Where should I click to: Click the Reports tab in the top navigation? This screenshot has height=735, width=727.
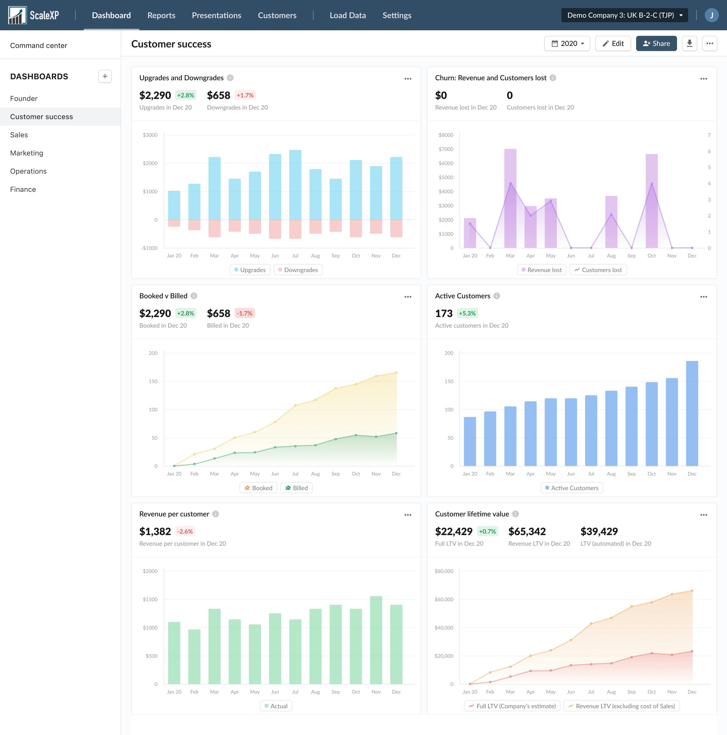pyautogui.click(x=161, y=15)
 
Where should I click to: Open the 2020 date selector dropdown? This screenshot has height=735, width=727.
pyautogui.click(x=567, y=43)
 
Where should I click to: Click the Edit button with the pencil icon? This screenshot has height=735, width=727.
pyautogui.click(x=613, y=43)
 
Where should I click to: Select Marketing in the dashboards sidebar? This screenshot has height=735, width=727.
pyautogui.click(x=27, y=153)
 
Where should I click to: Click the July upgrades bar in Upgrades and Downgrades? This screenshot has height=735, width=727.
pyautogui.click(x=295, y=185)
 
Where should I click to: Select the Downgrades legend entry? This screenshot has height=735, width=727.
pyautogui.click(x=298, y=270)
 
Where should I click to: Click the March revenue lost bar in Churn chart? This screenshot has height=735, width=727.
pyautogui.click(x=510, y=198)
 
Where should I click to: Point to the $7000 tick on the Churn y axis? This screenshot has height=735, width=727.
pyautogui.click(x=446, y=149)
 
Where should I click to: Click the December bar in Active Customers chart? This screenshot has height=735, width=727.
pyautogui.click(x=692, y=413)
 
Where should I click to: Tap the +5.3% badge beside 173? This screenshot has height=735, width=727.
pyautogui.click(x=467, y=313)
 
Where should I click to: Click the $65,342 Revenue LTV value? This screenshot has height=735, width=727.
pyautogui.click(x=527, y=531)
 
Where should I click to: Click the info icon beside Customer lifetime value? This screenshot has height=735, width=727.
pyautogui.click(x=515, y=514)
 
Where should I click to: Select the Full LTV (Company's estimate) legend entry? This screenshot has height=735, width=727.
pyautogui.click(x=512, y=706)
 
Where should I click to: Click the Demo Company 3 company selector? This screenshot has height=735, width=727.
pyautogui.click(x=624, y=15)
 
